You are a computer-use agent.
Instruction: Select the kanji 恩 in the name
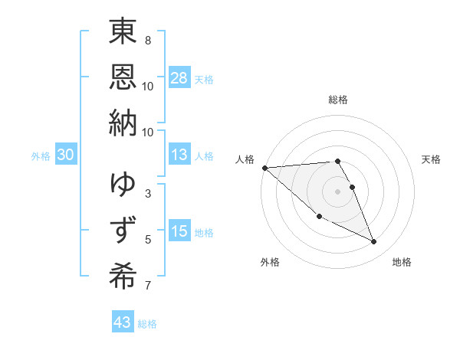pos(123,77)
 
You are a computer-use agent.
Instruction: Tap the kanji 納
pos(123,123)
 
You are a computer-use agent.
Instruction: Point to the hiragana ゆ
pos(123,184)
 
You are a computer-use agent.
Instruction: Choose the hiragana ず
pos(123,230)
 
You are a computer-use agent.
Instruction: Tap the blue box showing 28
pos(179,77)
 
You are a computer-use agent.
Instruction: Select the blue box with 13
pos(179,155)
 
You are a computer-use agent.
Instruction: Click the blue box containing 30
pos(66,155)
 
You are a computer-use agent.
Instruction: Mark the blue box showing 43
pos(123,322)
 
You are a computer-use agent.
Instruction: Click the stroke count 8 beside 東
pos(148,40)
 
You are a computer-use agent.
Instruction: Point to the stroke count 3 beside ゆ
pos(148,193)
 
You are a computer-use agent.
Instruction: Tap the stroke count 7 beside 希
pos(148,286)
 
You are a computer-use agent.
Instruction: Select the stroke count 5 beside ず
pos(148,240)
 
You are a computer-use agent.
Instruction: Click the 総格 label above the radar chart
pos(338,100)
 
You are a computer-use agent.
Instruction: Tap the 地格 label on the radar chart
pos(402,262)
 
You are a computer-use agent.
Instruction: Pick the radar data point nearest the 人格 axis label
pos(264,167)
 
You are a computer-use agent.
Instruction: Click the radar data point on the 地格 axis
pos(373,242)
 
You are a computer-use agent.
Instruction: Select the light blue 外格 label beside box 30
pos(41,156)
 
